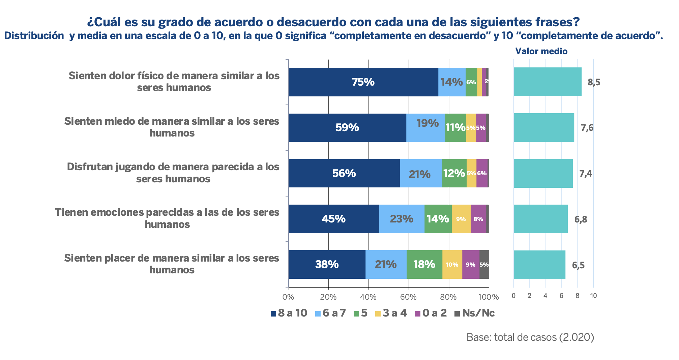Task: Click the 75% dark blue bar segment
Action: click(363, 82)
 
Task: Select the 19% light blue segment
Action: click(425, 128)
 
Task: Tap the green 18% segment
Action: click(424, 265)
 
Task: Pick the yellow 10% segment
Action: click(452, 265)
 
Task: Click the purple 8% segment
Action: click(478, 219)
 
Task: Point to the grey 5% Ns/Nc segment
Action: click(484, 265)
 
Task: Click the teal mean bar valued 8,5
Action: click(548, 82)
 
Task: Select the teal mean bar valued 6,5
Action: click(539, 265)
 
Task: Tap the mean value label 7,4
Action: click(586, 174)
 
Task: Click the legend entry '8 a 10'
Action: click(289, 313)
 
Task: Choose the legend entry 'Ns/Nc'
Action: click(475, 313)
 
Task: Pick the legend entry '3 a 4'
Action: click(391, 313)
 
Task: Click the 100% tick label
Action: click(489, 297)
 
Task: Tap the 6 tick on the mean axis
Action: click(561, 296)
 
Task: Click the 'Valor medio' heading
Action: click(541, 51)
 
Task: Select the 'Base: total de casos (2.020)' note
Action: click(530, 337)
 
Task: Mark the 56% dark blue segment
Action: click(344, 173)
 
